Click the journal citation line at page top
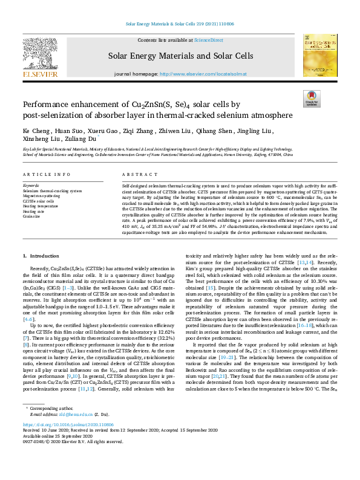(180, 24)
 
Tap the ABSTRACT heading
(135, 174)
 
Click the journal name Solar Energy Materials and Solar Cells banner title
(180, 56)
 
